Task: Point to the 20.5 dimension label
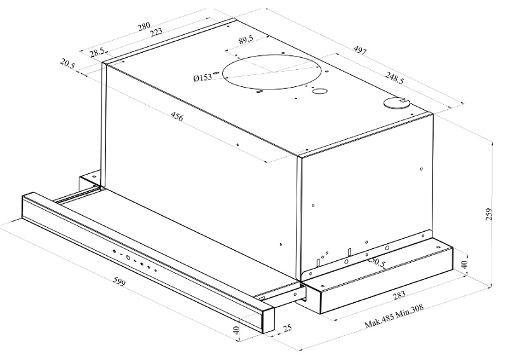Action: tap(68, 63)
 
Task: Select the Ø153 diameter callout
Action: tap(203, 77)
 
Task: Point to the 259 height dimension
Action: tap(488, 215)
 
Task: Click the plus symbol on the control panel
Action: tap(135, 261)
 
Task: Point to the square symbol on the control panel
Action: tap(128, 258)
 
